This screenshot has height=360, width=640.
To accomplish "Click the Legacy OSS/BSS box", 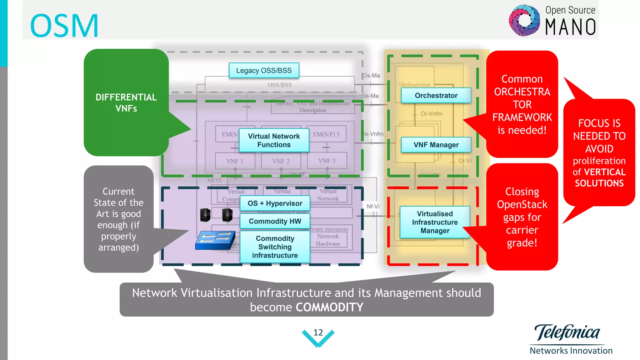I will (264, 70).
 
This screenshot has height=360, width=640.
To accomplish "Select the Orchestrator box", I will (436, 95).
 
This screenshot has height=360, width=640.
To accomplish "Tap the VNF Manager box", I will (436, 145).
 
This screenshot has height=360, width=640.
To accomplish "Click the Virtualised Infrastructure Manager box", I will (435, 222).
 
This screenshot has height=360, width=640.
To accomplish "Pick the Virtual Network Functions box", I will (274, 140).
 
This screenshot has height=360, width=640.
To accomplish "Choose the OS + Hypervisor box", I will (275, 203).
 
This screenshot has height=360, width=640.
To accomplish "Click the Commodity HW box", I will (275, 221).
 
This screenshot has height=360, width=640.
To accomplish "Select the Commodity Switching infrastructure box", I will (275, 247).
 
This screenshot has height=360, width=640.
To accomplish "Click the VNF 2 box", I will (281, 161).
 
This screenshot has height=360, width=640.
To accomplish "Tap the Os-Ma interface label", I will (371, 76).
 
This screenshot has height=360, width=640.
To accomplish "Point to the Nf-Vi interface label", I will (373, 207).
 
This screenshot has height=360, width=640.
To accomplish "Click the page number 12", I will (318, 332).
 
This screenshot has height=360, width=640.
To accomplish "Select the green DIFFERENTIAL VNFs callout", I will (126, 102).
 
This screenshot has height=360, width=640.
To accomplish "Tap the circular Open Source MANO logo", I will (524, 21).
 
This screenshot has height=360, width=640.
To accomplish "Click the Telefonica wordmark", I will (567, 332).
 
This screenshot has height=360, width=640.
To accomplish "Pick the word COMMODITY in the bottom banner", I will (329, 307).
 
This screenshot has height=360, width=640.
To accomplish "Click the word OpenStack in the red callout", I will (522, 205).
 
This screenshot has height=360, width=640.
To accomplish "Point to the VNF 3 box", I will (327, 161).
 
